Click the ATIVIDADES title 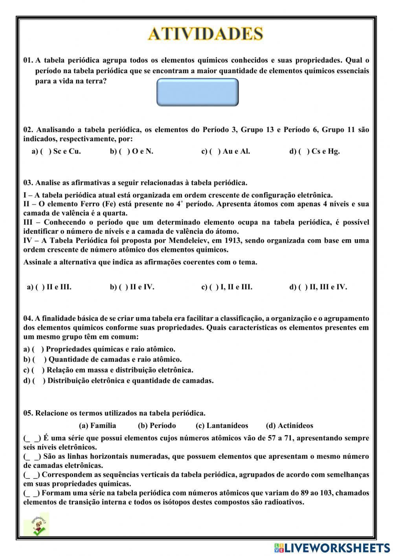coord(205,34)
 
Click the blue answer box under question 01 coord(198,92)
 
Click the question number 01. coord(28,61)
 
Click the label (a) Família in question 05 coord(97,425)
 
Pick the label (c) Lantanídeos coord(222,425)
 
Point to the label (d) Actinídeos coord(289,425)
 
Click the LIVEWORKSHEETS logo coord(332,548)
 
